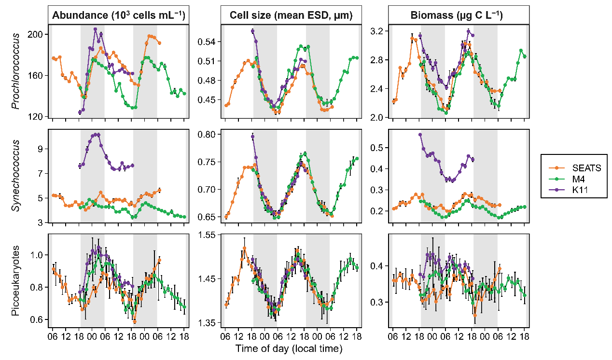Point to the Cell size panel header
pyautogui.click(x=290, y=15)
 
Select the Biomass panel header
pyautogui.click(x=457, y=15)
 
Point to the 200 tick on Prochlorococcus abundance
pyautogui.click(x=38, y=34)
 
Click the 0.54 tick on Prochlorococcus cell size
pyautogui.click(x=209, y=42)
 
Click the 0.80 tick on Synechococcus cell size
pyautogui.click(x=209, y=135)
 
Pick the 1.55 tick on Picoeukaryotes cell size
pyautogui.click(x=209, y=235)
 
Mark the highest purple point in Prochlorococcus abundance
pyautogui.click(x=95, y=29)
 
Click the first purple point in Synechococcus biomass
pyautogui.click(x=420, y=135)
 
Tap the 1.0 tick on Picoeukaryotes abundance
pyautogui.click(x=40, y=255)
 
